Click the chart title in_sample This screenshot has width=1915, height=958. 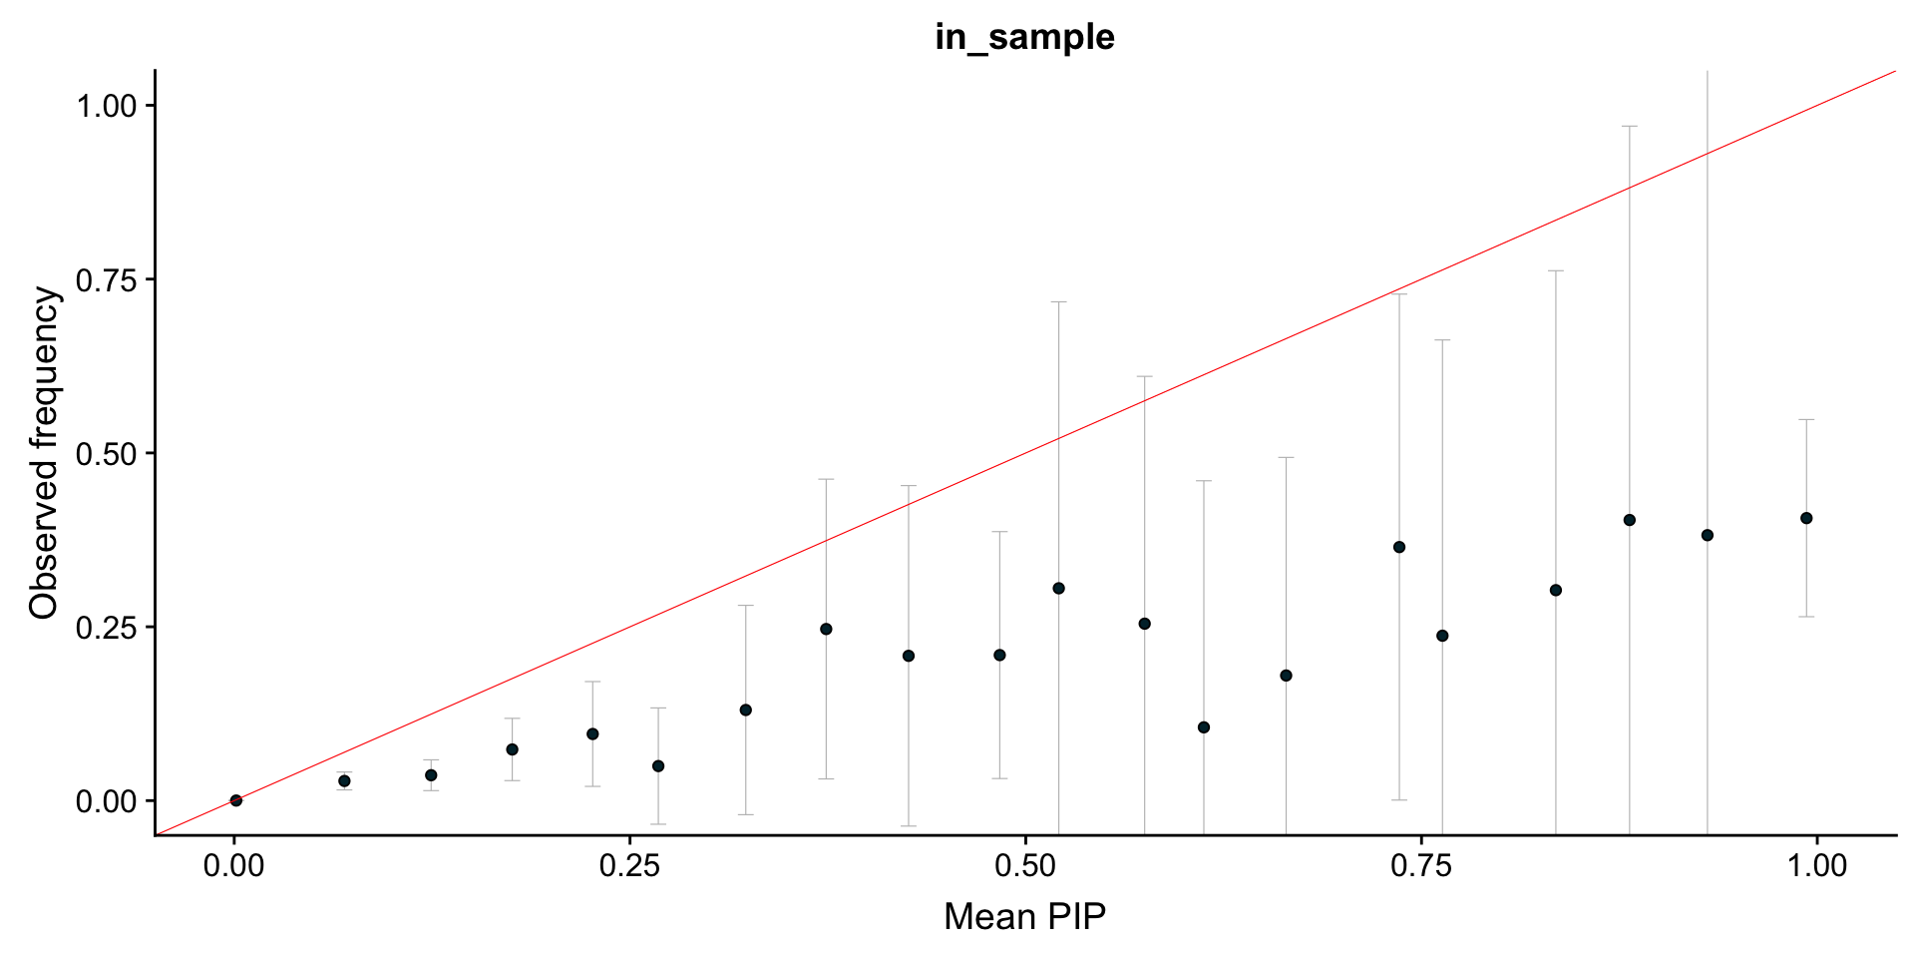click(x=1024, y=37)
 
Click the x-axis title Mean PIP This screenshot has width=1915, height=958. click(x=1024, y=916)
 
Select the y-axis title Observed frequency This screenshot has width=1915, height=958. click(x=44, y=452)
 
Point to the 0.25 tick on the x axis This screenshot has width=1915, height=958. click(x=629, y=865)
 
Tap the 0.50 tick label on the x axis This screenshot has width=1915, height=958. click(x=1025, y=865)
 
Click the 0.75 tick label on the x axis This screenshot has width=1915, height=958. click(x=1421, y=865)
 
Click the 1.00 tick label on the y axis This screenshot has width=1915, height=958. click(x=107, y=105)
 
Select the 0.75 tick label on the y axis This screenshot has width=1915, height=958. click(x=107, y=279)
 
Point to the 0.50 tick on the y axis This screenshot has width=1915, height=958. click(x=107, y=453)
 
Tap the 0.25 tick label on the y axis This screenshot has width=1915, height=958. click(x=107, y=627)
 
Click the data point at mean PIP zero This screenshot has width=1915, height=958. click(x=236, y=800)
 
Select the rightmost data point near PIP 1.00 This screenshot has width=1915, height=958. click(x=1806, y=518)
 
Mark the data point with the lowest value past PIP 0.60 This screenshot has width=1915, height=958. click(x=1204, y=727)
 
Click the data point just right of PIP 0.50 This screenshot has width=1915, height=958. click(x=1058, y=589)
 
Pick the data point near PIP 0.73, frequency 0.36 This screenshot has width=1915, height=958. click(x=1399, y=547)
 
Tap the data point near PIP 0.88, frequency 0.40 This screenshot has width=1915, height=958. click(x=1630, y=520)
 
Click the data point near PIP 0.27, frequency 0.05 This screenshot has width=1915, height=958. click(x=658, y=766)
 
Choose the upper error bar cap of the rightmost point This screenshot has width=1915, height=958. click(x=1806, y=420)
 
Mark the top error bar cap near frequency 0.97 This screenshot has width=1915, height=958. click(x=1630, y=126)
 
